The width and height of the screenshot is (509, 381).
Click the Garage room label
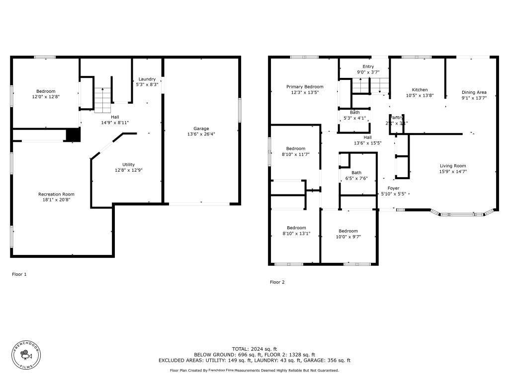(x=201, y=128)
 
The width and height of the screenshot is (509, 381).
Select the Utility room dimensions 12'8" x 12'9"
(x=128, y=170)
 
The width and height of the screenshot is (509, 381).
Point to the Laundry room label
(x=147, y=79)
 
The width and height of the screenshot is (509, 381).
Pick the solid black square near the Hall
(x=73, y=135)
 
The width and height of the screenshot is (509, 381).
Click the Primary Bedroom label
(x=305, y=87)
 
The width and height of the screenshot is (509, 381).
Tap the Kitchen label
(x=417, y=90)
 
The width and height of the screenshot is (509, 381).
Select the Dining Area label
(x=474, y=92)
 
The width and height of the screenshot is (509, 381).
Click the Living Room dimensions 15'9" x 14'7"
(x=452, y=171)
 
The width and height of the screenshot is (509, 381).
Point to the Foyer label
(x=394, y=189)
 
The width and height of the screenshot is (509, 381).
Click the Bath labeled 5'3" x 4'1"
(x=354, y=115)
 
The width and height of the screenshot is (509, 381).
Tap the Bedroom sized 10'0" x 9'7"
(x=348, y=234)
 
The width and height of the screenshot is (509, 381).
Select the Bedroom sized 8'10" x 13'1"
(x=296, y=230)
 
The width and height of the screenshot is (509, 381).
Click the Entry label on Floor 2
(x=368, y=66)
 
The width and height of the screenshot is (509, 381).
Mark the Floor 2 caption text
(x=277, y=282)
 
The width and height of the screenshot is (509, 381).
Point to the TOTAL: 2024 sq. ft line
(x=254, y=349)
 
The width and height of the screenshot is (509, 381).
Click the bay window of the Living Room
(x=462, y=214)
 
